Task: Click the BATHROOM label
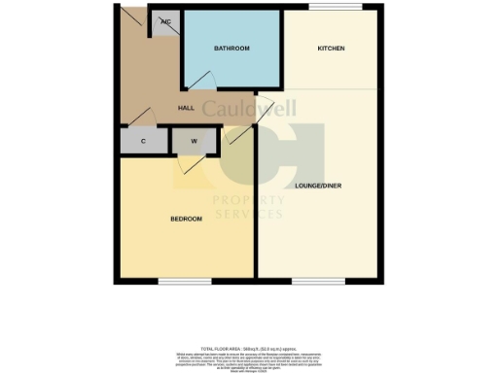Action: tap(232, 49)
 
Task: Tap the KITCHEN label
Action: tap(332, 49)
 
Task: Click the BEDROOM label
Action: tap(186, 219)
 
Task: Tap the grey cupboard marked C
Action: tap(143, 141)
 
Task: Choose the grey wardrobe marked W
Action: tap(195, 141)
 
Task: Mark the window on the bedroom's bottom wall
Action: tap(185, 283)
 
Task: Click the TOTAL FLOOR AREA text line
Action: tap(248, 347)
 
